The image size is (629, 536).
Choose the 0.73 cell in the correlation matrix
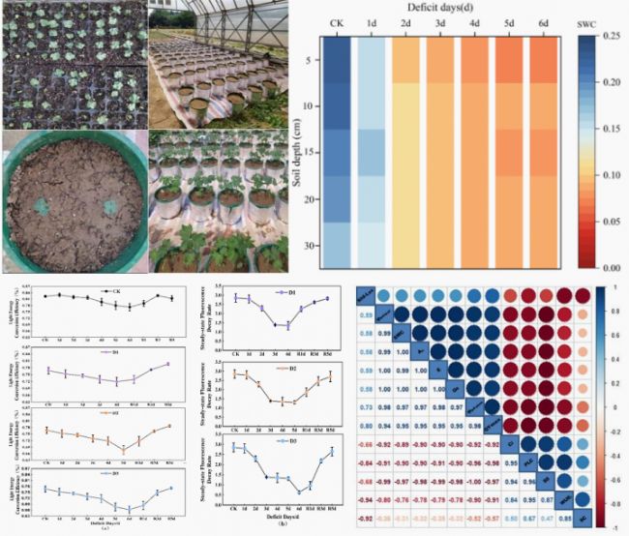(368, 407)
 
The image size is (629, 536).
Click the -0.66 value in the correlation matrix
(368, 444)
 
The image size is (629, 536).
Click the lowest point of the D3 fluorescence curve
(301, 491)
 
